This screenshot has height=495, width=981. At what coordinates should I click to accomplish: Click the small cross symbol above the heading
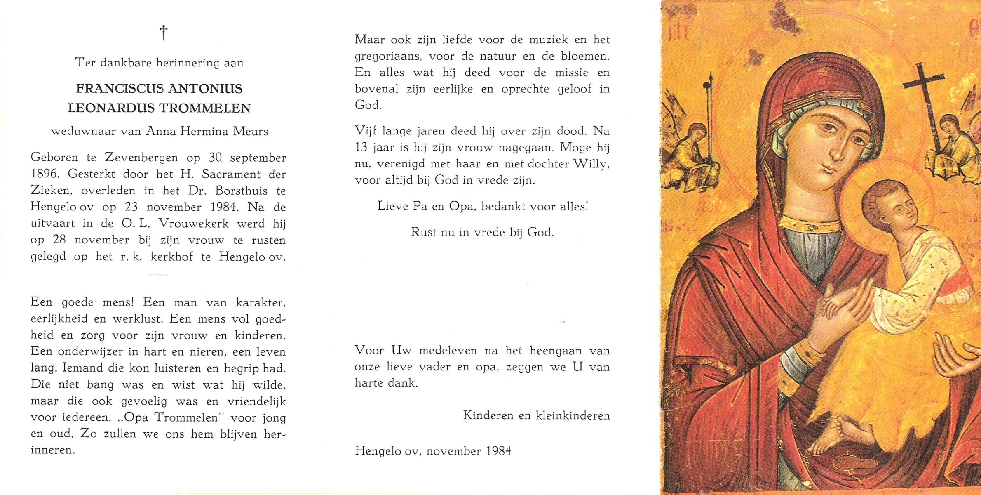pyautogui.click(x=164, y=33)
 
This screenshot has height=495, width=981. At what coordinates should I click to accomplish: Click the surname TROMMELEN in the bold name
pyautogui.click(x=205, y=108)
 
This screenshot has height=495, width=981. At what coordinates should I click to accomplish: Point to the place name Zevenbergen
pyautogui.click(x=141, y=158)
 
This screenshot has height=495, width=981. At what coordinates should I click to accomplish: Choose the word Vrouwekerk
pyautogui.click(x=194, y=224)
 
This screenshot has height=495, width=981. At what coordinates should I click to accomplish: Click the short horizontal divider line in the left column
pyautogui.click(x=158, y=274)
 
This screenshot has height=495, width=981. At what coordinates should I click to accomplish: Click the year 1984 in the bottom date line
pyautogui.click(x=498, y=451)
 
